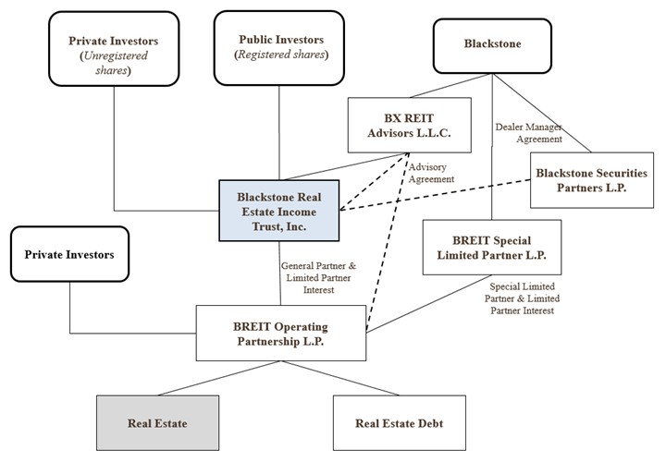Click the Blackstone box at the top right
(x=491, y=43)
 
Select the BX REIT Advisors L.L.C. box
(x=409, y=125)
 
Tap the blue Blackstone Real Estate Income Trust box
(x=278, y=211)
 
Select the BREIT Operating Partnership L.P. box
(x=280, y=334)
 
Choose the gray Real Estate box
(x=157, y=423)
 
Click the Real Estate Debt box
(x=400, y=423)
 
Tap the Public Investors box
(x=280, y=48)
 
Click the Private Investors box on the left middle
(x=69, y=251)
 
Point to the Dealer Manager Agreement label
(x=528, y=132)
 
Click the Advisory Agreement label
(x=432, y=173)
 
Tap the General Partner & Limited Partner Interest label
(x=317, y=277)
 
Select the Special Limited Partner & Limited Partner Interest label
(x=524, y=298)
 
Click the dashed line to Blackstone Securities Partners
(x=435, y=196)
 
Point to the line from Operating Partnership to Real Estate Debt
(x=355, y=379)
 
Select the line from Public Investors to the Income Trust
(x=280, y=134)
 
